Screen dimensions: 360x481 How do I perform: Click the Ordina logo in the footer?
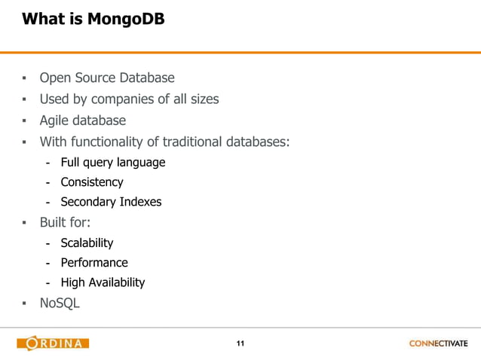53,344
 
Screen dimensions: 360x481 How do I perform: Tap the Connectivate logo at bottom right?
438,344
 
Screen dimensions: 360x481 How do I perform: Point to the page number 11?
240,344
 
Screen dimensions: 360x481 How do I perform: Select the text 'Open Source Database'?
106,78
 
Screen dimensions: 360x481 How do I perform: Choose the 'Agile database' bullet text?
82,121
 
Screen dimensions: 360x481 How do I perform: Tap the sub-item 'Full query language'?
112,162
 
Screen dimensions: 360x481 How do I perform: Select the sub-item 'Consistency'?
91,182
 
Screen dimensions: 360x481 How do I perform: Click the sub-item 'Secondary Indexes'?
111,202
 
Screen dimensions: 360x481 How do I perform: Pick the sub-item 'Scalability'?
87,243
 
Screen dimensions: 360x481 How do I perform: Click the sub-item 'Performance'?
94,263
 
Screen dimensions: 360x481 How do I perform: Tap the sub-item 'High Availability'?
103,282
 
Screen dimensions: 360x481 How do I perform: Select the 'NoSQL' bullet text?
60,304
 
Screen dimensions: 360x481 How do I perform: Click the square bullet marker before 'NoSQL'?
24,304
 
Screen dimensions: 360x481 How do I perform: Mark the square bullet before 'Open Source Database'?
24,78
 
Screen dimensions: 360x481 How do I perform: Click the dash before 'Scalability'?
47,243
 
